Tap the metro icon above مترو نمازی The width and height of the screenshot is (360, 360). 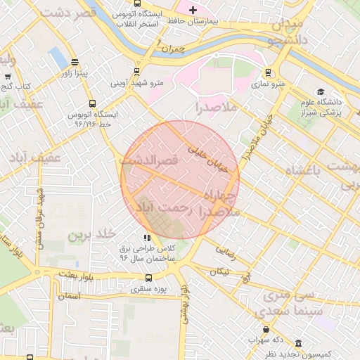[268, 72]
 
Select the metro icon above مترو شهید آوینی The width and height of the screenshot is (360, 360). [136, 71]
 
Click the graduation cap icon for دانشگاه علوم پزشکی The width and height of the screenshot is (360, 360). [321, 91]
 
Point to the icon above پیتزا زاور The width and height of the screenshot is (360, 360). [75, 62]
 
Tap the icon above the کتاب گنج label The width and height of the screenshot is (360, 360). [8, 77]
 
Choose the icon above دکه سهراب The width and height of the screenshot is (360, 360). [266, 329]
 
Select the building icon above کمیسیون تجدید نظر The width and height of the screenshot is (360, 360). [298, 343]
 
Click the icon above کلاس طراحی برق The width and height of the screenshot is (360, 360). [147, 238]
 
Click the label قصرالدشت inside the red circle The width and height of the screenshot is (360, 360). [149, 161]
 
